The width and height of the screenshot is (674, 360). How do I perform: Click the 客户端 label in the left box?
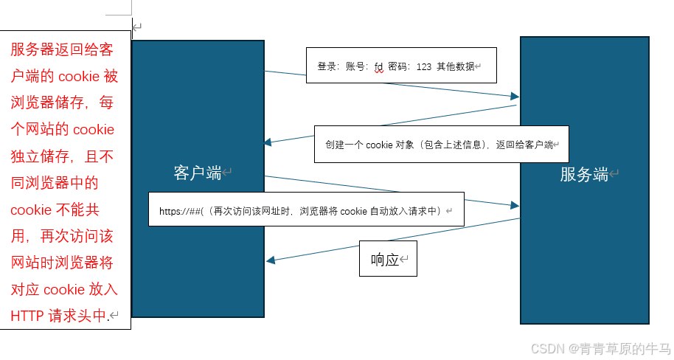[198, 173]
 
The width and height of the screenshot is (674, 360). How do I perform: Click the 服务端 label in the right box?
[584, 175]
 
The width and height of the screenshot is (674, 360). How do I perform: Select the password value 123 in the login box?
[423, 66]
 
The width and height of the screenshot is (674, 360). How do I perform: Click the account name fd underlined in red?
[379, 66]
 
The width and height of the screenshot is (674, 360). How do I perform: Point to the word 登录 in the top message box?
[327, 66]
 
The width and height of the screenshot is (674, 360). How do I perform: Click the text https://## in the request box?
[180, 211]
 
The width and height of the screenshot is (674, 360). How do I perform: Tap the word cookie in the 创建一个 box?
[379, 145]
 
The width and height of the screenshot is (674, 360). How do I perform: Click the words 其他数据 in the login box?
[455, 66]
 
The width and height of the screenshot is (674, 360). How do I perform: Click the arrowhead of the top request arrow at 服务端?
[515, 97]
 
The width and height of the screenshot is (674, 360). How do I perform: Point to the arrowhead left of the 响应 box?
[271, 260]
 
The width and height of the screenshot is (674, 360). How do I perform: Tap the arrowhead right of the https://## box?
[515, 204]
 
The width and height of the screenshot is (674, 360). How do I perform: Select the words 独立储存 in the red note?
[38, 156]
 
